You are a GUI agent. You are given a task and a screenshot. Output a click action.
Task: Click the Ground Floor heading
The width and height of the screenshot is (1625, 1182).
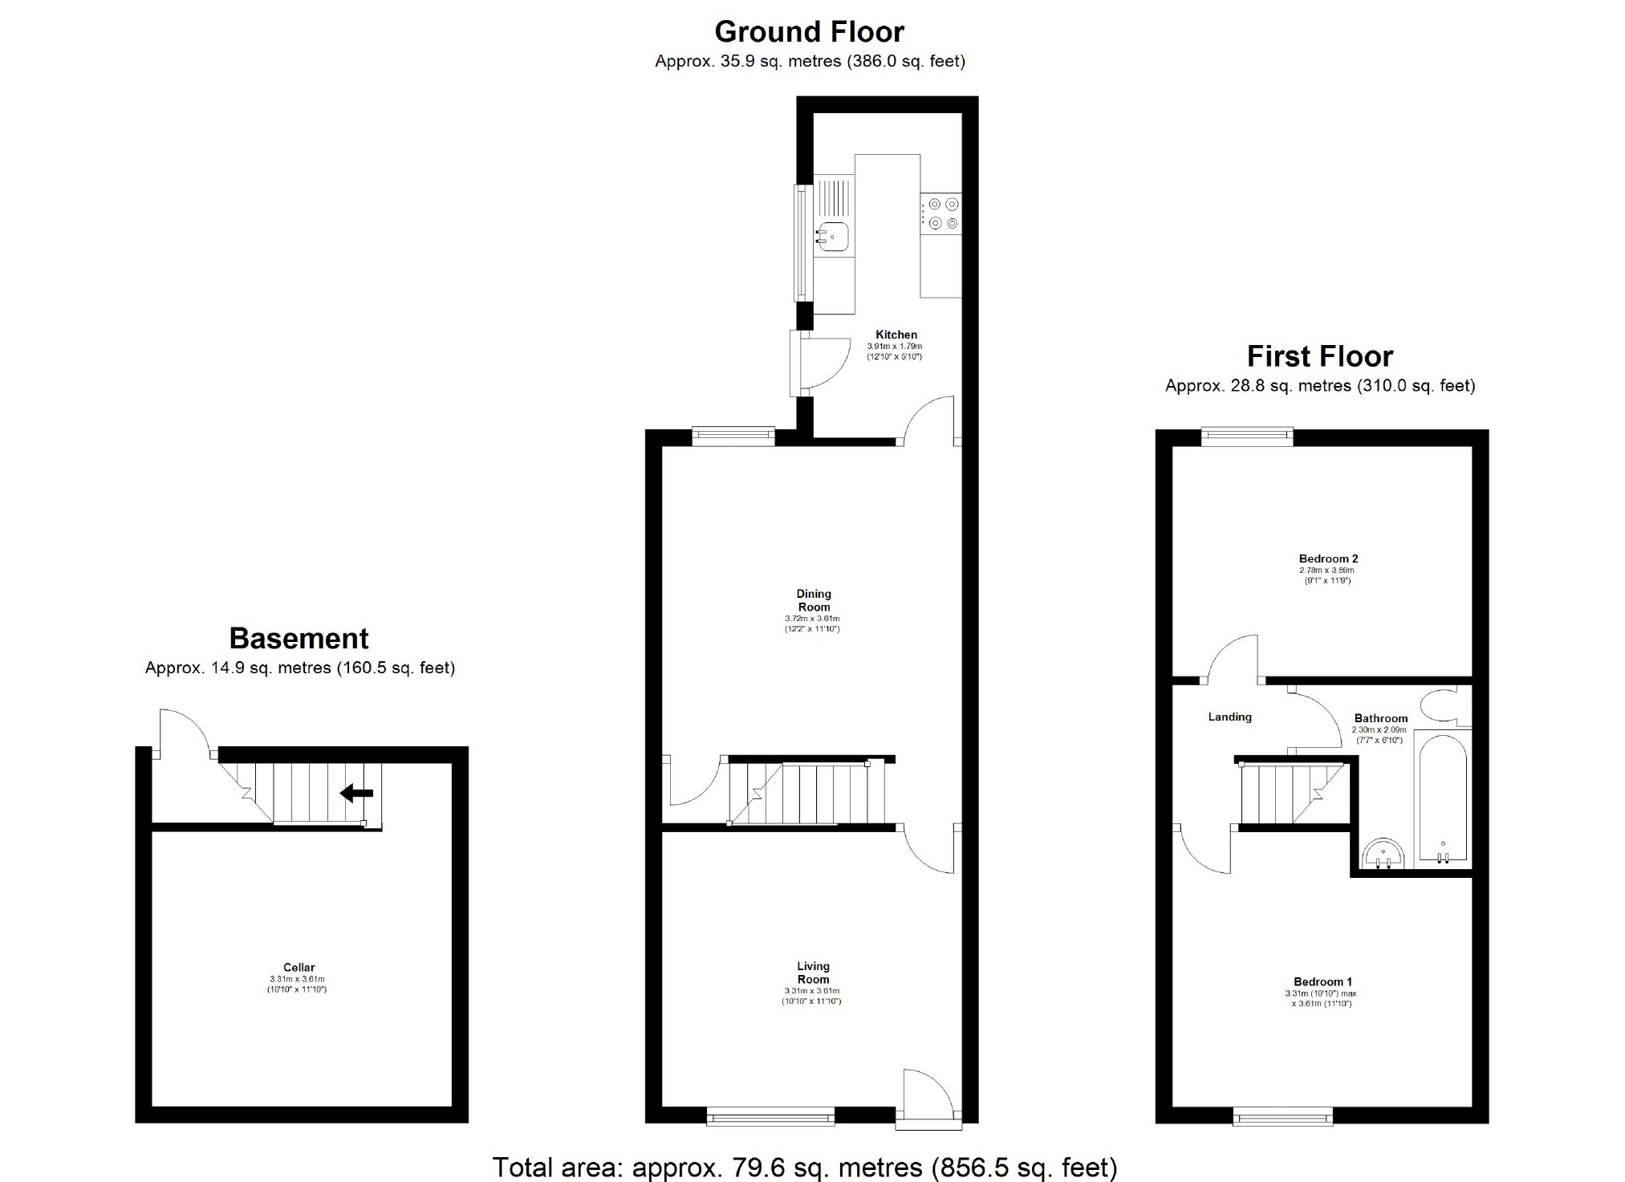(x=809, y=32)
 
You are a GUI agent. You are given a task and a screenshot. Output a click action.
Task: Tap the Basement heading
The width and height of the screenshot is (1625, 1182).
(x=299, y=638)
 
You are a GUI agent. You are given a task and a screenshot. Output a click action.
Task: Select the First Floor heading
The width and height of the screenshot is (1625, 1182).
(x=1319, y=355)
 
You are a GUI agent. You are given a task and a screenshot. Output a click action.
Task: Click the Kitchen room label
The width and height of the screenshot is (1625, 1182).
(x=896, y=335)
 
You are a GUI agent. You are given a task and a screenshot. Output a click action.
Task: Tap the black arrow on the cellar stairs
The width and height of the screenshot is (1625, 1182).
(x=357, y=794)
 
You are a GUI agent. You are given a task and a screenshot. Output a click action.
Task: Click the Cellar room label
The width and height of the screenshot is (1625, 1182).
(x=299, y=967)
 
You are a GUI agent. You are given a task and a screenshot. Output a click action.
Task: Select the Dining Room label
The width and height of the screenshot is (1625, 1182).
(x=813, y=600)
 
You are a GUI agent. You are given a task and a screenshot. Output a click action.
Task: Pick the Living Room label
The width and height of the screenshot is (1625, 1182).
(x=813, y=973)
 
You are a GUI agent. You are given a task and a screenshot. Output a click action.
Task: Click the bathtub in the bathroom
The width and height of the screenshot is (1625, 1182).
(x=1442, y=798)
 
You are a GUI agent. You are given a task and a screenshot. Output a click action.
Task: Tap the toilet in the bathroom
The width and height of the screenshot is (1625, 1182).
(x=1444, y=706)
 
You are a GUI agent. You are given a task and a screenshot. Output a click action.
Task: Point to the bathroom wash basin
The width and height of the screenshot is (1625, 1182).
(x=1383, y=854)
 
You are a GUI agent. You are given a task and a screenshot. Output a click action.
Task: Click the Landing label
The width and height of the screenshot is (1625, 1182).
(x=1229, y=717)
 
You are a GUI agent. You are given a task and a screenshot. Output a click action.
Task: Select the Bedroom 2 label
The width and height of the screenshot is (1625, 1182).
(x=1328, y=559)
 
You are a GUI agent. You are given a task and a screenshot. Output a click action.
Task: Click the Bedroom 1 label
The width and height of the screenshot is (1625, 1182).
(x=1322, y=981)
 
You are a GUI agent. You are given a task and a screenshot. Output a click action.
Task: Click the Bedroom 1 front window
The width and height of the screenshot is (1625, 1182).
(x=1282, y=1115)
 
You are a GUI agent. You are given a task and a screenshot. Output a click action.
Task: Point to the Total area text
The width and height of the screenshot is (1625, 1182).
(x=804, y=1167)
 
